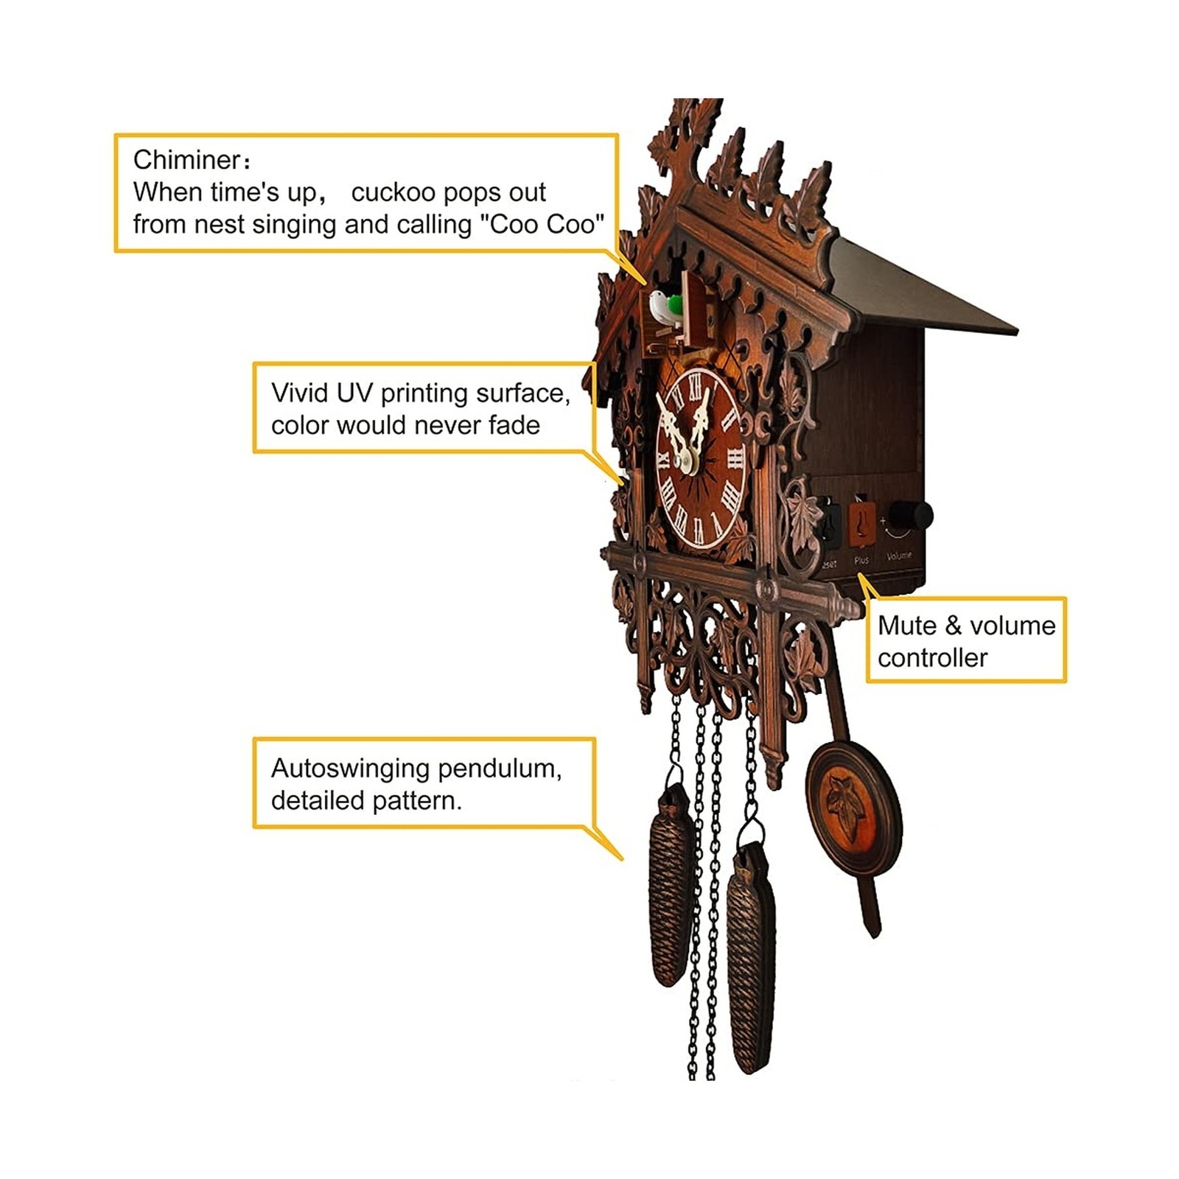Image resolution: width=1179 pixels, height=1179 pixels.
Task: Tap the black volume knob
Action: [911, 515]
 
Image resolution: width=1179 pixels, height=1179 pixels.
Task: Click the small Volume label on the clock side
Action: [899, 556]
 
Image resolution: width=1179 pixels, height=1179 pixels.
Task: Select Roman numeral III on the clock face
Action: [735, 459]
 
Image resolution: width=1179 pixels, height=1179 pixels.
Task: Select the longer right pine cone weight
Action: [751, 958]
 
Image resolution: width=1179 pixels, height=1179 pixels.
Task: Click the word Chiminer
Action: [187, 160]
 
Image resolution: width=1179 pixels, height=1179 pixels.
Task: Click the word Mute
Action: [906, 626]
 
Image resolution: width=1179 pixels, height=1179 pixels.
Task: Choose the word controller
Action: [932, 658]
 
